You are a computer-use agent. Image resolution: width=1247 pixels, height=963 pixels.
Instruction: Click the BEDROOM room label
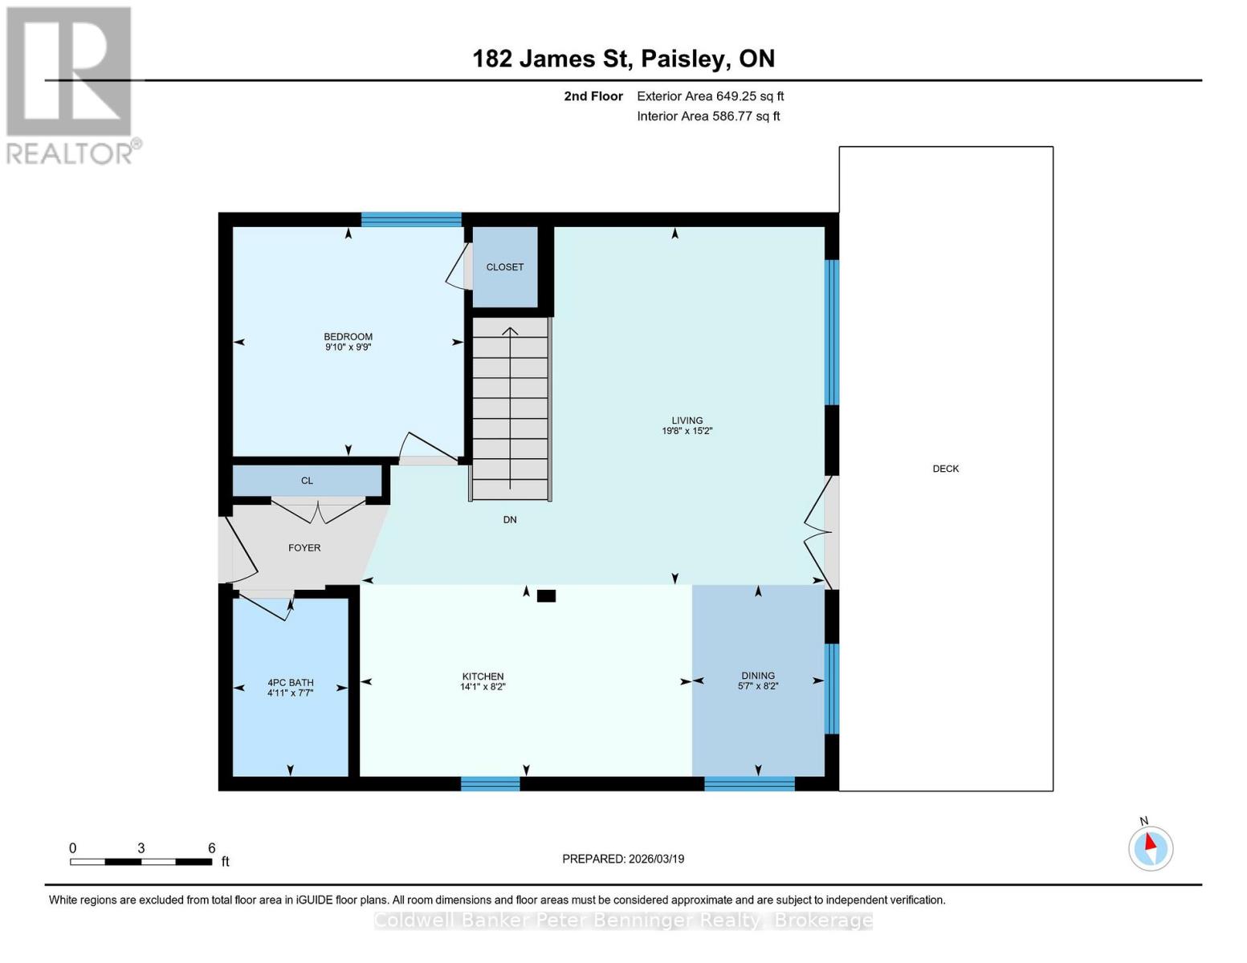tap(348, 337)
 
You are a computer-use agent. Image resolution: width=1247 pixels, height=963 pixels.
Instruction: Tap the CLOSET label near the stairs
tap(504, 267)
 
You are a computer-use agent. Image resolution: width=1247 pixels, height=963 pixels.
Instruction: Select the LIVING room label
tap(687, 421)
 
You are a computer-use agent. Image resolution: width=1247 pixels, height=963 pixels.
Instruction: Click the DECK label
tap(945, 469)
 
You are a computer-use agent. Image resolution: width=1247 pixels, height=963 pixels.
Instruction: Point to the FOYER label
tap(304, 548)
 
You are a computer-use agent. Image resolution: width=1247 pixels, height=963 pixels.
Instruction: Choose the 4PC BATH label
tap(290, 683)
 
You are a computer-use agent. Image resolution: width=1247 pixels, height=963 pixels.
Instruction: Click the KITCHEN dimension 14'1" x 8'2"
tap(483, 687)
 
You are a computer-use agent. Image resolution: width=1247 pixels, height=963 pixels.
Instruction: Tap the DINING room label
tap(757, 676)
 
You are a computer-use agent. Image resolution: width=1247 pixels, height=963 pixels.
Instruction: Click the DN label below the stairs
tap(510, 520)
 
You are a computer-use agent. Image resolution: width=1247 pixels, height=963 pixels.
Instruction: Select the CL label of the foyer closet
tap(307, 481)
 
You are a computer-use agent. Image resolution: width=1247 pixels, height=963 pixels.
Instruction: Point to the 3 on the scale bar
tap(141, 848)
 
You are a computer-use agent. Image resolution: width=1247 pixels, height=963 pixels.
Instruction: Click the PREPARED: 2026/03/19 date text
tap(623, 859)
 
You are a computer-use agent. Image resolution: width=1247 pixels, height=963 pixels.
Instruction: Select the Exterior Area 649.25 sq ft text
tap(710, 96)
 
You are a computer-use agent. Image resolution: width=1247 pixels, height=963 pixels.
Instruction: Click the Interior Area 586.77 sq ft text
tap(708, 116)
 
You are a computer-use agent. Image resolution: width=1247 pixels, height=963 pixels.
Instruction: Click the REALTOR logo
tap(71, 84)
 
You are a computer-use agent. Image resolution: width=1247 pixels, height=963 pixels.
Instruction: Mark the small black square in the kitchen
tap(546, 595)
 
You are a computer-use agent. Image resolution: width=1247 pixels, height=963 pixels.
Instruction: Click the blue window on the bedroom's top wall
tap(411, 219)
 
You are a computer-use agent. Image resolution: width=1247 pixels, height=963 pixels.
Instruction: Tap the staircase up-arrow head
tap(510, 330)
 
